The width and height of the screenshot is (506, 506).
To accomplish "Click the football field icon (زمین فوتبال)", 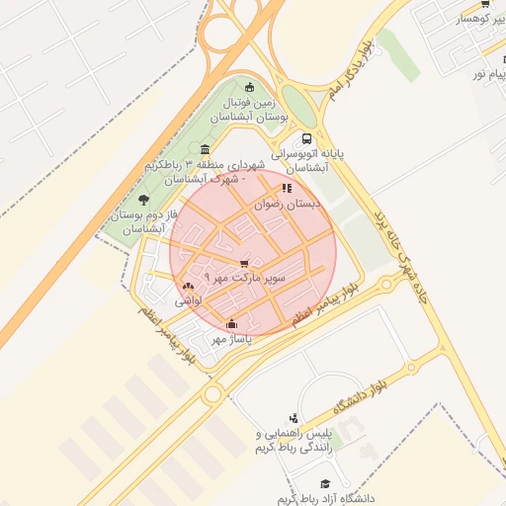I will [x=249, y=87].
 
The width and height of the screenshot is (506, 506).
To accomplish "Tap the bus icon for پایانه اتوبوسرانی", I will [x=306, y=139].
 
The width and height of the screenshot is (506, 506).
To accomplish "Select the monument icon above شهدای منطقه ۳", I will [x=204, y=149].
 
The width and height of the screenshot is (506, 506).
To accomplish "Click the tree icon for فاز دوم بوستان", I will [x=144, y=199].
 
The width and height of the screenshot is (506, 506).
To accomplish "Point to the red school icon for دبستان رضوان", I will [x=287, y=189].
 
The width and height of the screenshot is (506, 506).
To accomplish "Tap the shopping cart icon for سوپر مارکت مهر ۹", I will [x=244, y=263].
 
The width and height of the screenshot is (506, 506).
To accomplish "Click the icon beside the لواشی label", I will [x=188, y=285].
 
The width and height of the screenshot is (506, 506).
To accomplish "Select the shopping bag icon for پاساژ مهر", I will [x=231, y=323].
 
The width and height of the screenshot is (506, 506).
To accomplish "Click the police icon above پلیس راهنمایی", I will [x=294, y=419].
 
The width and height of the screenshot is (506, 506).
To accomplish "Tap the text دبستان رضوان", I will [x=290, y=205].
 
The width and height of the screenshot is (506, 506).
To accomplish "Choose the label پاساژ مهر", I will [x=231, y=339].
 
